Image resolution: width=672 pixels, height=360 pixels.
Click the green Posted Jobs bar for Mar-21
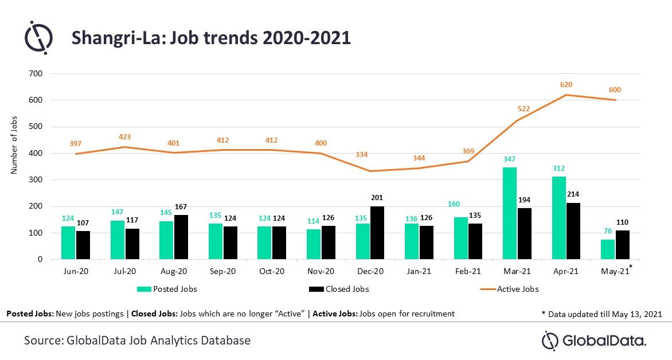pyautogui.click(x=510, y=213)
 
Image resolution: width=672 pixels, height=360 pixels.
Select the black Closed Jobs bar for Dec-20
pyautogui.click(x=377, y=233)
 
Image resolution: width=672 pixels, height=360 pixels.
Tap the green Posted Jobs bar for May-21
pyautogui.click(x=608, y=249)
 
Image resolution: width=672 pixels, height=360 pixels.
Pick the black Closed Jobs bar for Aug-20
pyautogui.click(x=181, y=237)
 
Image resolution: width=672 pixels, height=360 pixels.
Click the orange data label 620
pyautogui.click(x=566, y=85)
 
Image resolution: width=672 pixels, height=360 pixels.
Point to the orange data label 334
pyautogui.click(x=361, y=154)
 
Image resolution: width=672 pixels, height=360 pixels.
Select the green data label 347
pyautogui.click(x=509, y=159)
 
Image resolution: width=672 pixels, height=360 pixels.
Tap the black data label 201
pyautogui.click(x=377, y=198)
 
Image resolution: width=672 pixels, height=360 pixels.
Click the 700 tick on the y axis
pyautogui.click(x=36, y=73)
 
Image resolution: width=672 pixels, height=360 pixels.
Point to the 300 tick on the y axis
pyautogui.click(x=36, y=179)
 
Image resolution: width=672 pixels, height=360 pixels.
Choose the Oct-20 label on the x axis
pyautogui.click(x=272, y=271)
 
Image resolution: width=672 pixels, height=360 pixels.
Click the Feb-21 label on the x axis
pyautogui.click(x=468, y=271)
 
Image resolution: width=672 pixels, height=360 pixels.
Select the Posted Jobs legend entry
pyautogui.click(x=167, y=289)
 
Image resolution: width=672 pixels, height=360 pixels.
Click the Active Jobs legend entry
pyautogui.click(x=510, y=289)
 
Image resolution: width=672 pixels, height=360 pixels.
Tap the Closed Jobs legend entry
pyautogui.click(x=339, y=289)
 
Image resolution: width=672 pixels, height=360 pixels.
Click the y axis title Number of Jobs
pyautogui.click(x=14, y=145)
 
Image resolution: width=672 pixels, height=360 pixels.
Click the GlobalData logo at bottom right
pyautogui.click(x=594, y=341)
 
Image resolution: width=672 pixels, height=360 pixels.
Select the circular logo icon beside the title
pyautogui.click(x=38, y=37)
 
